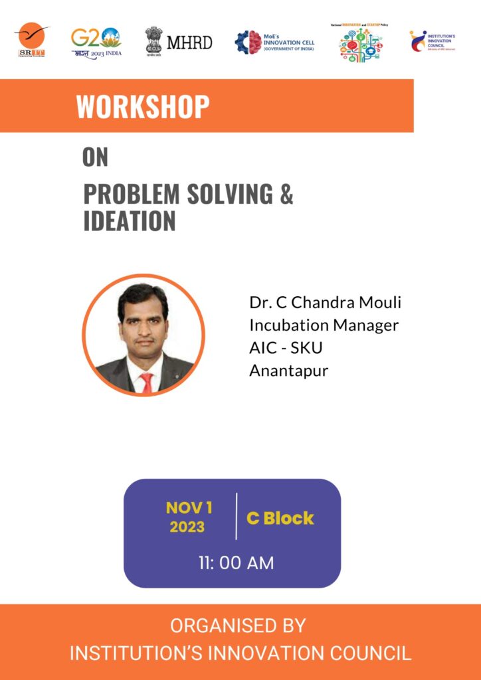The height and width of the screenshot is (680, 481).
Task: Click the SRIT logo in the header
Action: coord(31,41)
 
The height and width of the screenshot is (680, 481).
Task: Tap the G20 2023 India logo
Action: coord(96,42)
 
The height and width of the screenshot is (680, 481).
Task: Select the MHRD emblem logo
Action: coord(179,42)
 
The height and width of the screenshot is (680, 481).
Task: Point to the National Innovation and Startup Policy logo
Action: coord(360,42)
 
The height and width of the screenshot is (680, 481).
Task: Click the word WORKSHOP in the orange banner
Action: coord(143,106)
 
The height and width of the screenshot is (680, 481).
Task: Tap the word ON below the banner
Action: coord(95,157)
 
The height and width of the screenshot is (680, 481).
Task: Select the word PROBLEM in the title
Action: coord(132,194)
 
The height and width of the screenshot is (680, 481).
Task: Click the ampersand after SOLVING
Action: coord(286,194)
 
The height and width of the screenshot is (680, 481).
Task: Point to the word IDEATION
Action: coord(130,221)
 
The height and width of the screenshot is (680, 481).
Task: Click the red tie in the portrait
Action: coord(145,382)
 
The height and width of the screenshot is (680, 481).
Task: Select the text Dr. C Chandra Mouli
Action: coord(325,303)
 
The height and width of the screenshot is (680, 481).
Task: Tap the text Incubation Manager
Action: coord(324,325)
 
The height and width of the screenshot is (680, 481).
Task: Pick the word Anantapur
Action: coord(288,371)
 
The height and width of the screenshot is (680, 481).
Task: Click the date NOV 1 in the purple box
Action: coord(189,508)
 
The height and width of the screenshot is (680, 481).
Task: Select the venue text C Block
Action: coord(280,518)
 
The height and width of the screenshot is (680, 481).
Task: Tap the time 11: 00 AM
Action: coord(236,562)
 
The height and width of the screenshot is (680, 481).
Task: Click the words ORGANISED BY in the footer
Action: coord(238,626)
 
